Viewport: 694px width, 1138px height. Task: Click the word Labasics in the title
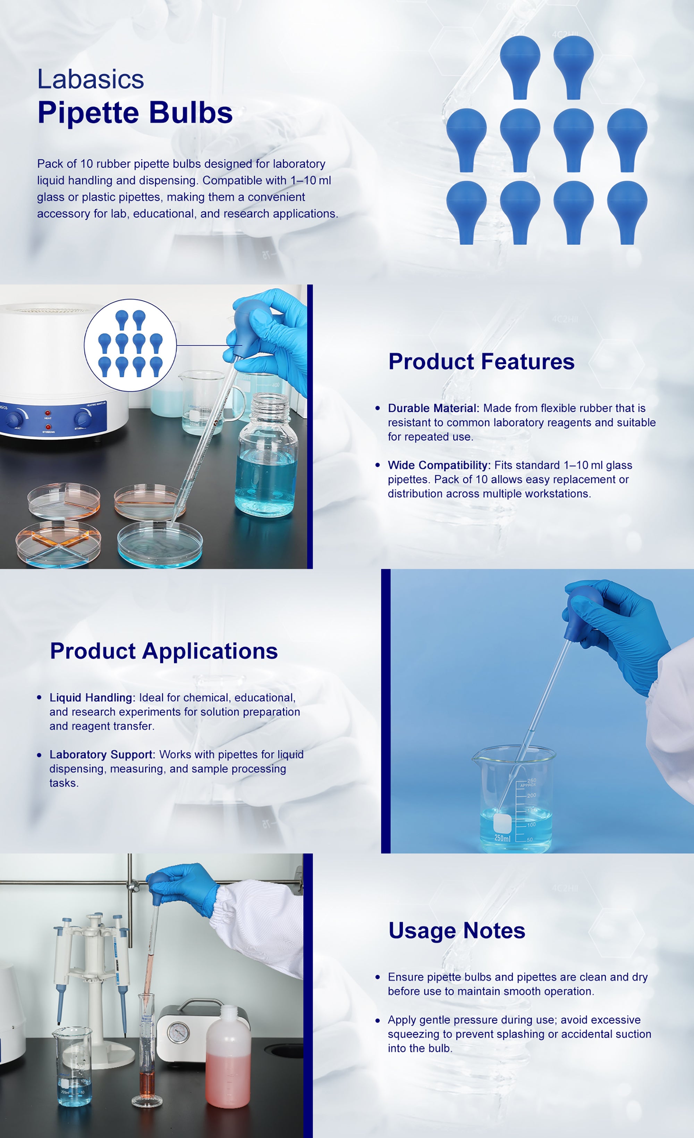tap(91, 79)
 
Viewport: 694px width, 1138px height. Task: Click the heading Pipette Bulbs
tap(135, 113)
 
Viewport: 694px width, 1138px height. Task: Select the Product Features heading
tap(482, 361)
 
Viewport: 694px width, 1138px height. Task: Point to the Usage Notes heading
tap(457, 930)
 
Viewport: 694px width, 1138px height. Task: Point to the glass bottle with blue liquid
tap(267, 455)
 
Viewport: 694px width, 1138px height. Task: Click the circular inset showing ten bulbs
tap(130, 345)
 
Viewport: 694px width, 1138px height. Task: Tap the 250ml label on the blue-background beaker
tap(502, 838)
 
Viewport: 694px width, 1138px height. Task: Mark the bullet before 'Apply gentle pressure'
tap(378, 1020)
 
